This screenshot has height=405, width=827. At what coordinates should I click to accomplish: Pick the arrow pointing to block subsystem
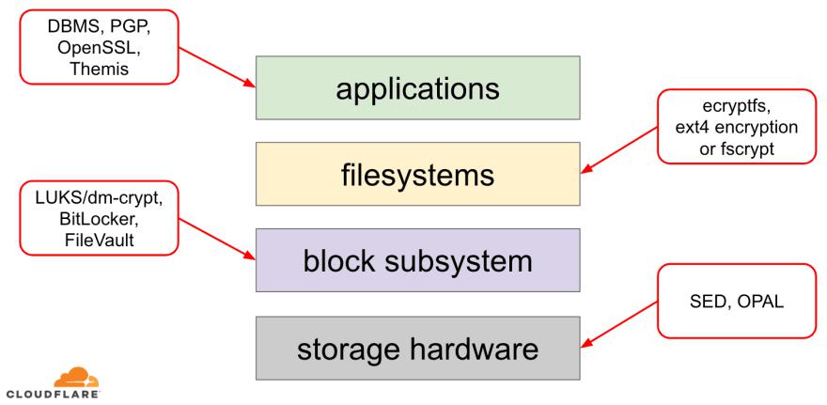click(x=216, y=235)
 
